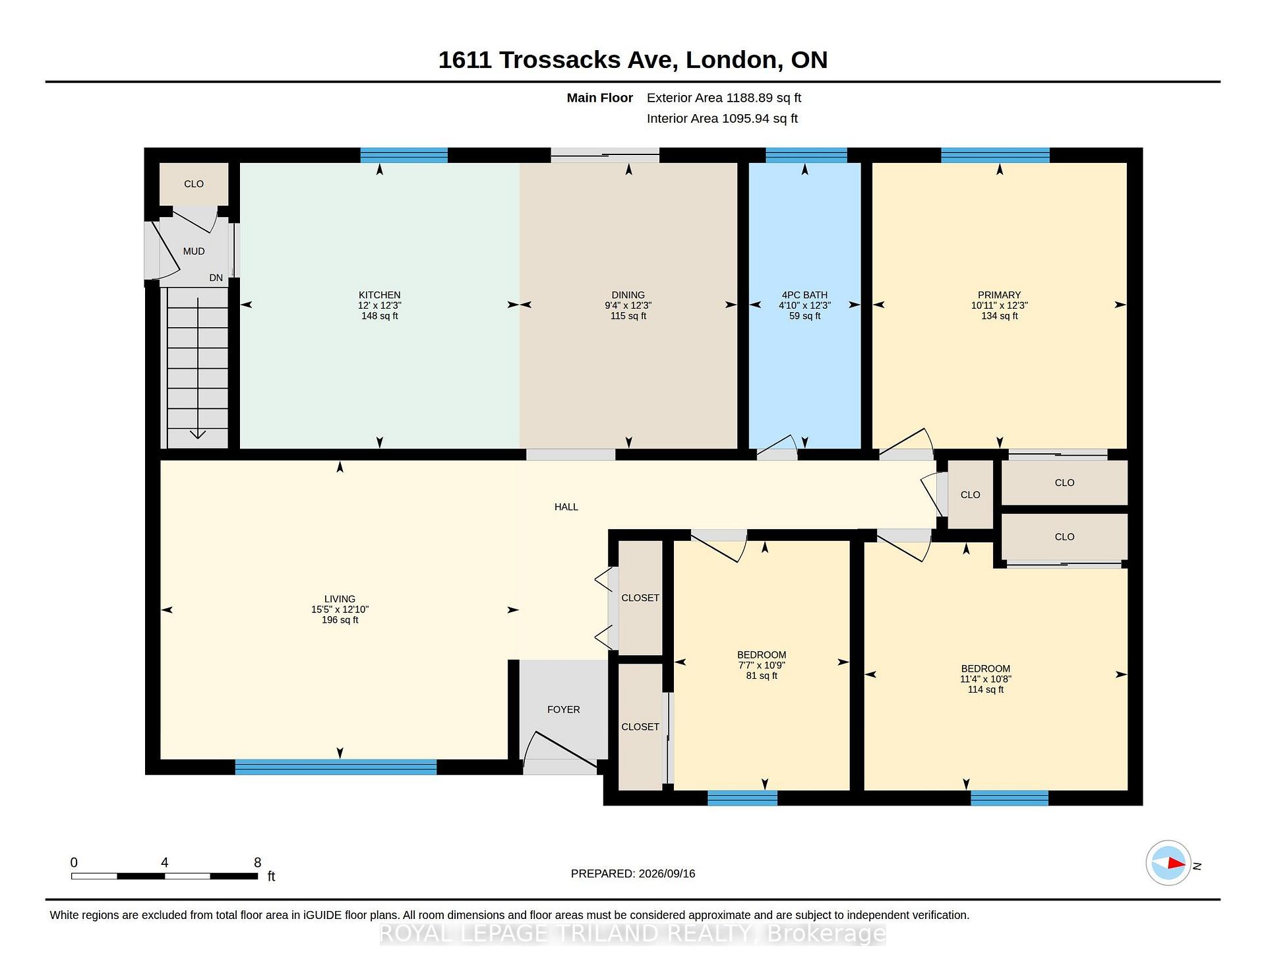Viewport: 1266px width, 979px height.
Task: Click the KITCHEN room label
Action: point(379,295)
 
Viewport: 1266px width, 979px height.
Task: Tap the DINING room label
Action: point(628,295)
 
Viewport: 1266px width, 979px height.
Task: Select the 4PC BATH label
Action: point(804,295)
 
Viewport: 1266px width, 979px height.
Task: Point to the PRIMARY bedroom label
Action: point(999,295)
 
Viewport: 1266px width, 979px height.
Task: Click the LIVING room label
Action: point(340,599)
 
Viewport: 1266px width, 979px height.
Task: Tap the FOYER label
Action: point(563,709)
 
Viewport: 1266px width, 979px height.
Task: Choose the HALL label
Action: point(566,507)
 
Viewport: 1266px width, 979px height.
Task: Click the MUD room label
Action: point(194,251)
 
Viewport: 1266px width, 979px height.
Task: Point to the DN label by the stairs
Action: point(216,278)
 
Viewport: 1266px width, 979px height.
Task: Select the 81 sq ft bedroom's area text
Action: point(762,676)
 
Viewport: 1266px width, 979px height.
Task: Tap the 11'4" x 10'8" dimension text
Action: point(985,679)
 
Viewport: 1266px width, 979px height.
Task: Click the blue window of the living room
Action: point(336,767)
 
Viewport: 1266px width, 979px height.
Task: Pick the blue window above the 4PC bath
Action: point(806,155)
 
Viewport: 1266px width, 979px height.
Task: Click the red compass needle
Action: point(1176,863)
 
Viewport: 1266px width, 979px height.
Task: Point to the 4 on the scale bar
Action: point(164,862)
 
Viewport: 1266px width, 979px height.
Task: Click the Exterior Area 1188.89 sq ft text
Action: point(723,98)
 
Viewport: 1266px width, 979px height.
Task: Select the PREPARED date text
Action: point(632,873)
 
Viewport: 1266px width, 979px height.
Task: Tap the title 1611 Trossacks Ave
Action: point(557,60)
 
